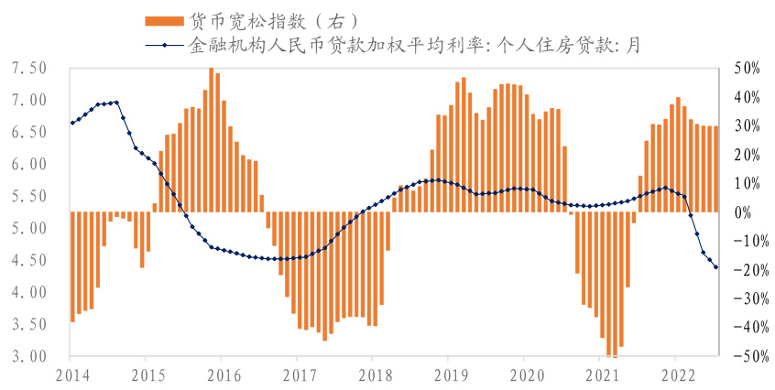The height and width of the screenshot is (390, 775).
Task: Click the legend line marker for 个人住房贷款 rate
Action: tap(164, 43)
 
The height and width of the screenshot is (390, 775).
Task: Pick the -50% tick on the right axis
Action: tap(743, 356)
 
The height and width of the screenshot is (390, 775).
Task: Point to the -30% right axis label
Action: tap(743, 298)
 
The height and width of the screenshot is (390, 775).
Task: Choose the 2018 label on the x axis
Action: tap(373, 374)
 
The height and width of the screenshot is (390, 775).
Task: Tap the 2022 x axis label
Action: tap(675, 374)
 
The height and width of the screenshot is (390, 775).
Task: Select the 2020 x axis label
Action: tap(524, 374)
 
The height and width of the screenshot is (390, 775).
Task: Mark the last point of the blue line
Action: tap(716, 267)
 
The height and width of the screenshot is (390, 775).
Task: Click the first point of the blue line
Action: tap(72, 123)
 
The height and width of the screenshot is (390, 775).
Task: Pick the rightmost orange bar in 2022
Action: tap(715, 168)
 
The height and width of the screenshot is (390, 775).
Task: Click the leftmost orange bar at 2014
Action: tap(72, 266)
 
